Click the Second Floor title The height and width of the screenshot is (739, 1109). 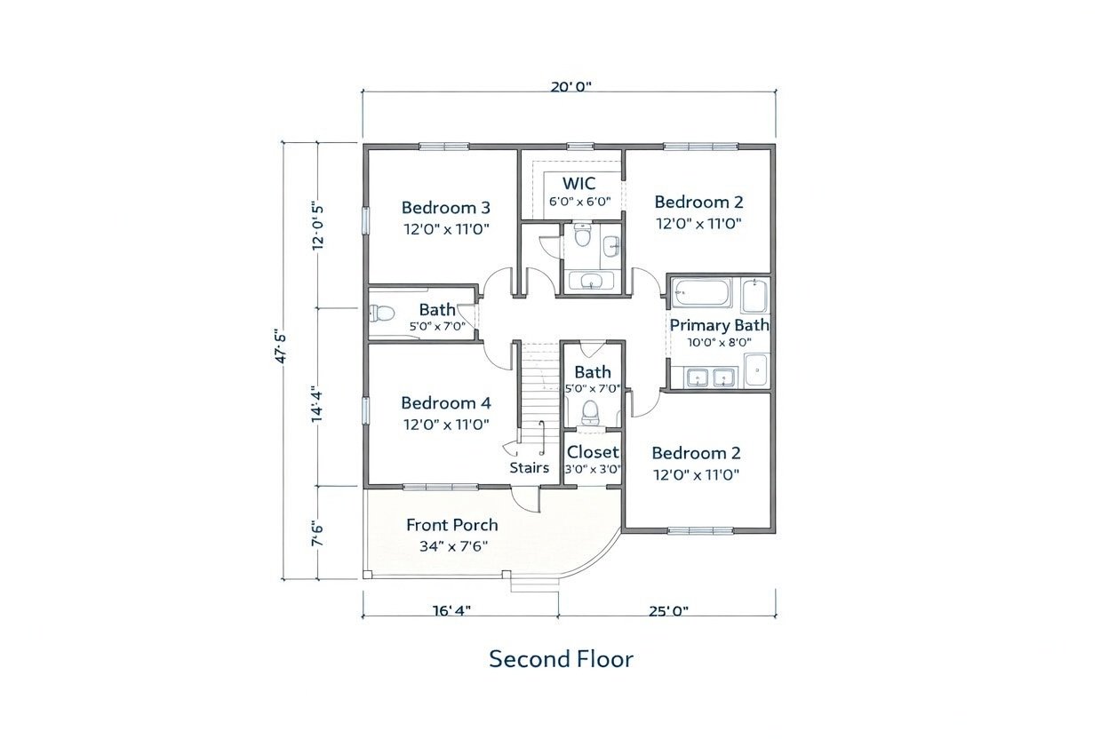pos(561,659)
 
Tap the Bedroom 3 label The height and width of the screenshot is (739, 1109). pos(445,207)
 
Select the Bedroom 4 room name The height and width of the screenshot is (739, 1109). pos(445,403)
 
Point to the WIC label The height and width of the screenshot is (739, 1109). pos(578,184)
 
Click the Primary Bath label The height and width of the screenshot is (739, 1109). pos(720,325)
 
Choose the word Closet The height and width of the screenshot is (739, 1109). pos(593,452)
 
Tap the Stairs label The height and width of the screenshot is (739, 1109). pos(530,468)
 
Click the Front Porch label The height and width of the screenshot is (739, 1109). pos(452,525)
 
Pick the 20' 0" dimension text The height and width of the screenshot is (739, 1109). pos(571,87)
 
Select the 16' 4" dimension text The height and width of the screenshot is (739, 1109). pos(451,611)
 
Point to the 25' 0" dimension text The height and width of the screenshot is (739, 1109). pos(668,611)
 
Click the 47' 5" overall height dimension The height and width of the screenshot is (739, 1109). pos(280,348)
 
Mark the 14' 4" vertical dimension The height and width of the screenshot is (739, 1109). pos(317,404)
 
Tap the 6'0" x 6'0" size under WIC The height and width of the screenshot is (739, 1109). pos(579,202)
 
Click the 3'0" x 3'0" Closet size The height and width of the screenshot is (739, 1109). pos(593,469)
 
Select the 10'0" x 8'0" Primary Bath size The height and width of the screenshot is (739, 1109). pos(720,342)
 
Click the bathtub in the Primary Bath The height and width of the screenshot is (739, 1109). pos(703,292)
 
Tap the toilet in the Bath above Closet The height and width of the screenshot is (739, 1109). pos(589,412)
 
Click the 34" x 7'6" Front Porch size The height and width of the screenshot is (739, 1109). pos(453,546)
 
